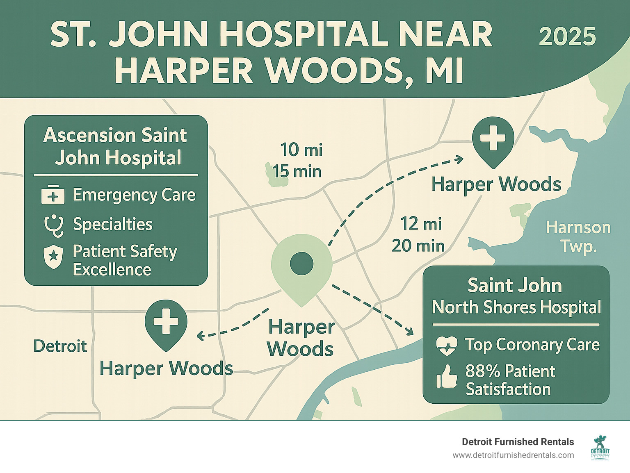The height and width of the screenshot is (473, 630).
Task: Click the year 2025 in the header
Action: click(567, 37)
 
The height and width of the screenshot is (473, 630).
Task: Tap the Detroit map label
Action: click(60, 346)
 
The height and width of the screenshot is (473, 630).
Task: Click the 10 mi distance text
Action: click(301, 150)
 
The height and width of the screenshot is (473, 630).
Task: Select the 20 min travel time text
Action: click(418, 246)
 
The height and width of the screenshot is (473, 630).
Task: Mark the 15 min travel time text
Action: click(297, 171)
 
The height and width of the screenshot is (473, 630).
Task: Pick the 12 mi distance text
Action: click(421, 224)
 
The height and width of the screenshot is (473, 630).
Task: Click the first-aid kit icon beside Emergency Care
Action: click(53, 195)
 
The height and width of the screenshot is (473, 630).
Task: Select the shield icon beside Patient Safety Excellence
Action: click(53, 257)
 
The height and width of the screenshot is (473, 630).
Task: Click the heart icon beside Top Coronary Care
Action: click(446, 346)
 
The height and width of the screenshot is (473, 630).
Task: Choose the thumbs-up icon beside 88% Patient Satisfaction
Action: click(446, 377)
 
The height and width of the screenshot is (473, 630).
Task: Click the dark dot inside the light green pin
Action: click(301, 263)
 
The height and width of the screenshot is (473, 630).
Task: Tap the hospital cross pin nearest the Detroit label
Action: click(166, 321)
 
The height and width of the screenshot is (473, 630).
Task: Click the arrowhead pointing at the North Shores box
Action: click(409, 331)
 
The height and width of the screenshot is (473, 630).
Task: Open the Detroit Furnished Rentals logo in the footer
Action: click(600, 447)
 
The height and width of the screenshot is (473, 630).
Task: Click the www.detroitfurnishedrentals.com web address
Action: click(513, 455)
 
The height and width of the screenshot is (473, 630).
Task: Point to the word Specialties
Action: click(112, 225)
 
